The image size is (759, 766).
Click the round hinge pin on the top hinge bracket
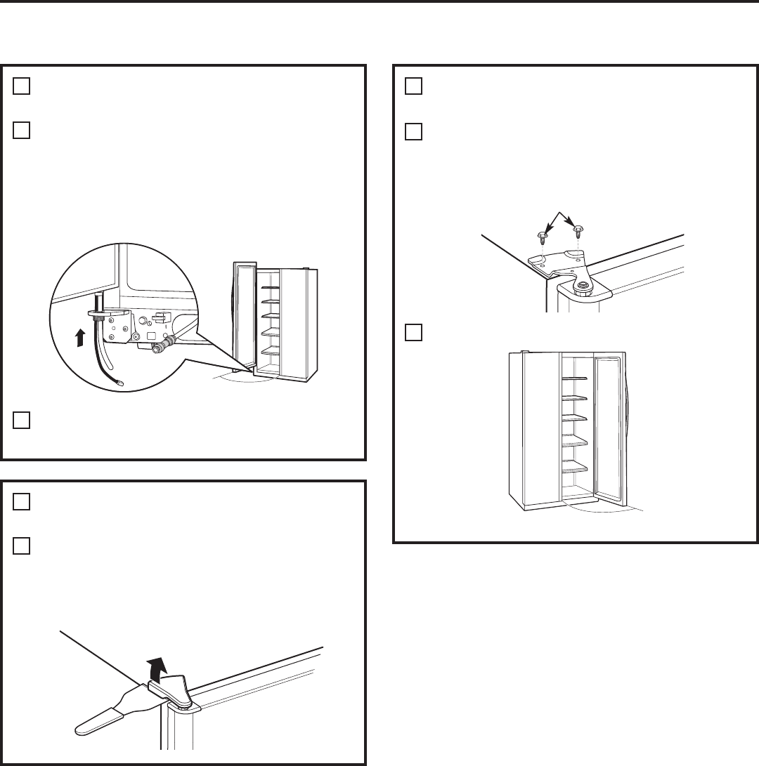(x=582, y=284)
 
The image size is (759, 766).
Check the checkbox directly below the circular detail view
(x=22, y=420)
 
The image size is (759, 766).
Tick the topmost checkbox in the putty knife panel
(x=22, y=501)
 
